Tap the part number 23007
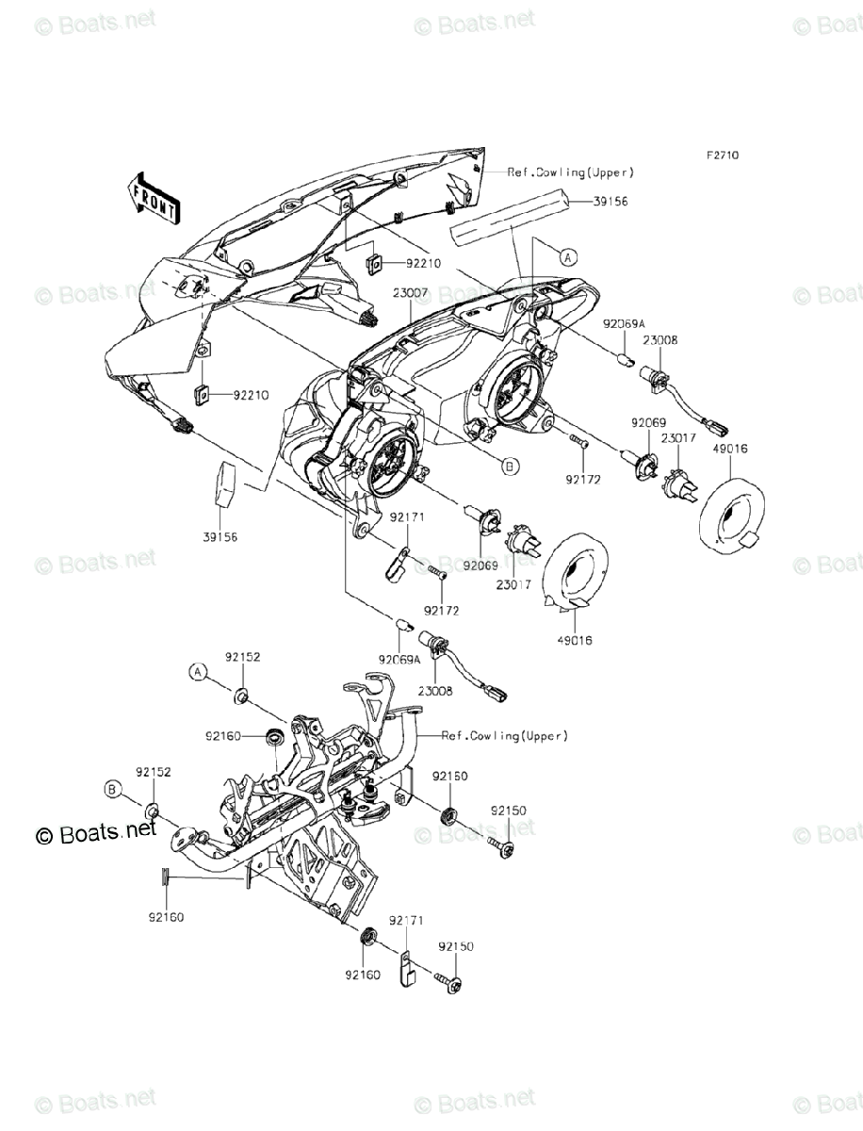coord(411,294)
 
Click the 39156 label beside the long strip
coord(610,201)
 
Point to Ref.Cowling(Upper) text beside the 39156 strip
coord(570,172)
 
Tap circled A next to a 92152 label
coord(197,671)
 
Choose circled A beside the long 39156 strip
coord(565,255)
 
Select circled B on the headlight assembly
coord(509,465)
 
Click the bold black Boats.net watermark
coord(95,832)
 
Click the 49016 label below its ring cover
coord(574,640)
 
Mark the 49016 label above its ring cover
coord(730,450)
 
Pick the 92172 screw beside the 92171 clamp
coord(435,571)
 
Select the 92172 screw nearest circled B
coord(578,441)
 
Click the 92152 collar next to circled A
coord(241,697)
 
